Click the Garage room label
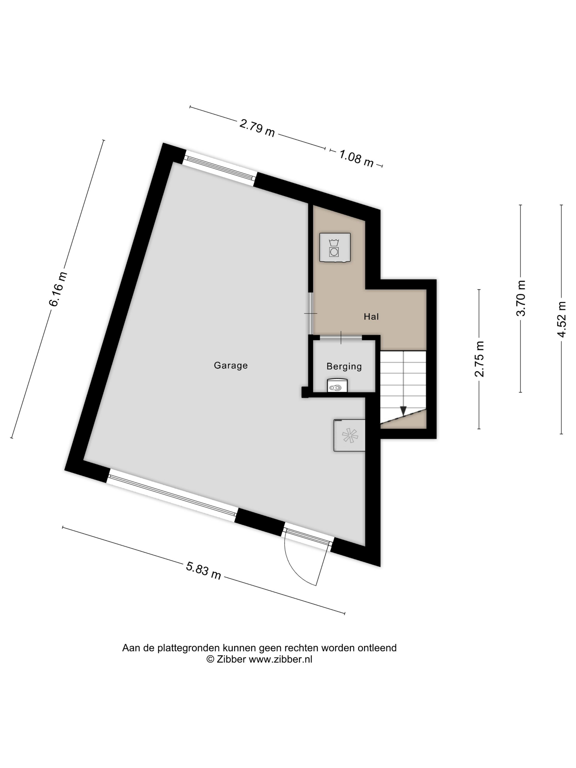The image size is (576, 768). [x=231, y=365]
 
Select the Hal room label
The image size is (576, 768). [x=371, y=316]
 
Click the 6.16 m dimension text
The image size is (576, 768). [x=58, y=289]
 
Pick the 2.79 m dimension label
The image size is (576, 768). [x=257, y=128]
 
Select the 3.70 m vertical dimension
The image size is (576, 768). [x=521, y=298]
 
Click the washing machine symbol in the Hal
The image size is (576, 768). [x=335, y=247]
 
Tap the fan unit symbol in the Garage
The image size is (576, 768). [x=349, y=435]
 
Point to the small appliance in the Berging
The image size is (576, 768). [x=337, y=385]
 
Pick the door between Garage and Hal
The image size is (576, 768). [x=311, y=313]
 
